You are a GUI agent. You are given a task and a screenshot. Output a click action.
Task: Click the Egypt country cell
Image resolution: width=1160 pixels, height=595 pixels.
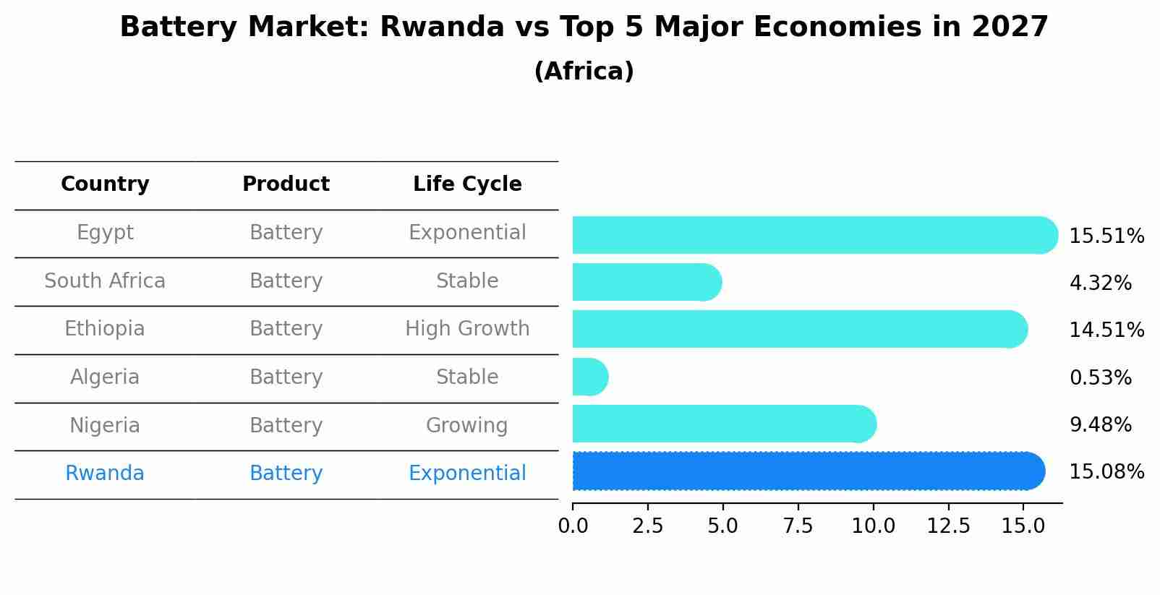click(x=105, y=233)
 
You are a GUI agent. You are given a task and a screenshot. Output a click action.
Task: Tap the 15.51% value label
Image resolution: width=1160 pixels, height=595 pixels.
click(x=1106, y=236)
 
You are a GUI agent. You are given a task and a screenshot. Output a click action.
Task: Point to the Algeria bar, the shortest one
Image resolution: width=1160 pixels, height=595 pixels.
click(x=589, y=377)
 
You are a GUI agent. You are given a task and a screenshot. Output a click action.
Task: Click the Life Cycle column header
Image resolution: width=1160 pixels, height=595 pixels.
click(x=467, y=184)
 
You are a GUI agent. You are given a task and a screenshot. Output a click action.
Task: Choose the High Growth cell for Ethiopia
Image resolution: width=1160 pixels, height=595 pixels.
click(x=467, y=329)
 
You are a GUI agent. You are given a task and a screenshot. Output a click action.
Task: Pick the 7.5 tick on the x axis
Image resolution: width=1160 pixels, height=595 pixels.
click(x=798, y=526)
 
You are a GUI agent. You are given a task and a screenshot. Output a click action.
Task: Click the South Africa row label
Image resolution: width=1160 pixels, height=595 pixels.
click(x=105, y=281)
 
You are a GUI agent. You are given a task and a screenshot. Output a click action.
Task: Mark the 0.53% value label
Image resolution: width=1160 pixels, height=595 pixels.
click(x=1100, y=377)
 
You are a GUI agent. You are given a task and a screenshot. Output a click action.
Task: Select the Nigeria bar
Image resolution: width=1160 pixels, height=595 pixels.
click(x=723, y=424)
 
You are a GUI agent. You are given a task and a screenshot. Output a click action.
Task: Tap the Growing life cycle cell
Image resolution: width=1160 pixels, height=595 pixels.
click(x=466, y=425)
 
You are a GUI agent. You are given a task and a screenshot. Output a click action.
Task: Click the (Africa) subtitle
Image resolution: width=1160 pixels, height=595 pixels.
click(x=584, y=72)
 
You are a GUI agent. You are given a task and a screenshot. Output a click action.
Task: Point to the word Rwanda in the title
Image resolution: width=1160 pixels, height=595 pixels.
click(x=441, y=27)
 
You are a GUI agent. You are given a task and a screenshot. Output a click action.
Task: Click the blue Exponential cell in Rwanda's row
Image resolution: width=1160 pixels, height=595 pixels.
click(x=467, y=474)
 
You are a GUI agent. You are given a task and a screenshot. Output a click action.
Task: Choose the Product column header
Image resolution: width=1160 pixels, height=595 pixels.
click(x=286, y=184)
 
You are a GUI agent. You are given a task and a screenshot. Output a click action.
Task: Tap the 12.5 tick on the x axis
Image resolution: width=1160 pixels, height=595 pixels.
click(x=948, y=526)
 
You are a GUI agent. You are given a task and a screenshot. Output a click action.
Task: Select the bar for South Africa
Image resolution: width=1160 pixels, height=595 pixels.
click(x=646, y=282)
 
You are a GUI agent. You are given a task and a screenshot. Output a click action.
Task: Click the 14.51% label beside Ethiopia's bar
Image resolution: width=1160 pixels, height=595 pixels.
click(x=1106, y=330)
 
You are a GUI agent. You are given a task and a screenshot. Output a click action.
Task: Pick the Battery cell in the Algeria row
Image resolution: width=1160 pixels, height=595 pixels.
click(x=286, y=377)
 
